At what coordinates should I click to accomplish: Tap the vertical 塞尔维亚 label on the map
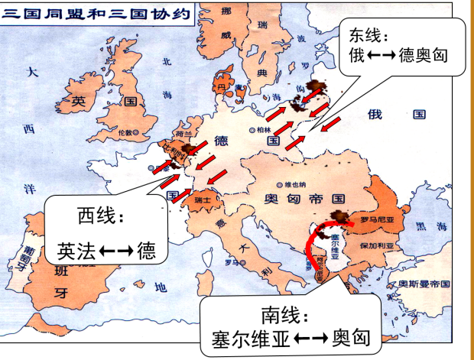[x=335, y=247]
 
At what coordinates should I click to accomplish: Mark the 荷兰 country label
[x=181, y=133]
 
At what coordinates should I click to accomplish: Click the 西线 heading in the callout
[x=96, y=216]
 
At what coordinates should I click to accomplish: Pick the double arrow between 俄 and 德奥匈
[x=377, y=57]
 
